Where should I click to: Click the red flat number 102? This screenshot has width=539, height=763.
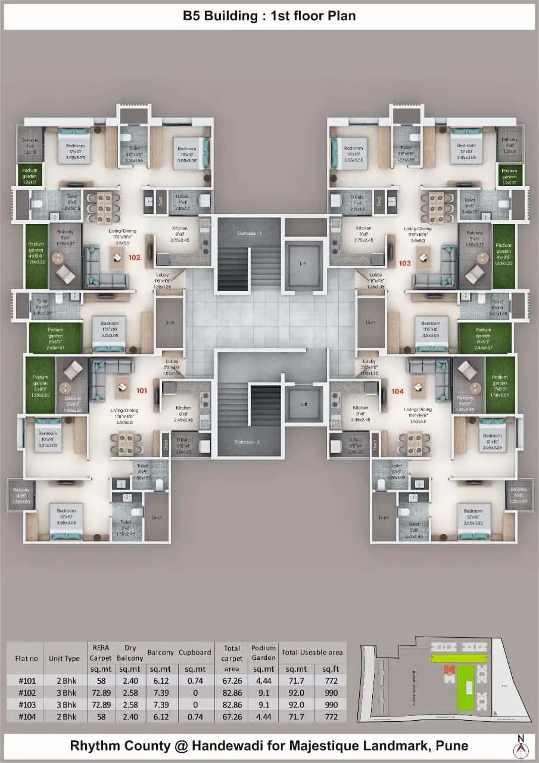click(x=134, y=259)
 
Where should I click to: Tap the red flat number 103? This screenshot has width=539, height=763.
click(x=405, y=262)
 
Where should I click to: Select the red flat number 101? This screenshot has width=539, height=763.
click(x=141, y=391)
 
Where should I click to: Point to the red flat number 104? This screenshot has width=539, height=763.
click(x=398, y=391)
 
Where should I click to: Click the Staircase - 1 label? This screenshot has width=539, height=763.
click(x=248, y=233)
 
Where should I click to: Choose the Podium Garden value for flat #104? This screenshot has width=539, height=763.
click(x=263, y=717)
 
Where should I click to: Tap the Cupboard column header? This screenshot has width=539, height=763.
click(x=195, y=653)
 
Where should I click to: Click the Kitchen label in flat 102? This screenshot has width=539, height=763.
click(x=180, y=228)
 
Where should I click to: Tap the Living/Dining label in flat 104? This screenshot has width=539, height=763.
click(x=418, y=410)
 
